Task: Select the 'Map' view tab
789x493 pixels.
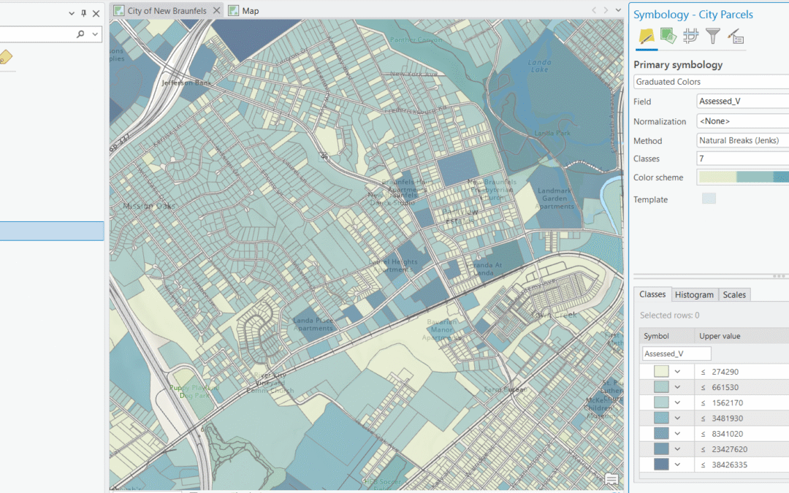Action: click(x=250, y=11)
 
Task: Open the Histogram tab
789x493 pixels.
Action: click(x=693, y=294)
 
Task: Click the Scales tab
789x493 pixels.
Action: click(x=734, y=294)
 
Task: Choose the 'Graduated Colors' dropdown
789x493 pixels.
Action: click(x=709, y=82)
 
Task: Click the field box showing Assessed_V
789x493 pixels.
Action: click(x=738, y=102)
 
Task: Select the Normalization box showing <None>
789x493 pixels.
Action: click(x=738, y=121)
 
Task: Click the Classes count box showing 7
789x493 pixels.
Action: click(x=738, y=158)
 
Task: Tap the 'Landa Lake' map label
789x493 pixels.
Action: click(x=540, y=66)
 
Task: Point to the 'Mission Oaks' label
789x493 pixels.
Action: click(x=149, y=206)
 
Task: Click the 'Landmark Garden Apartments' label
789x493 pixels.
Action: click(x=554, y=199)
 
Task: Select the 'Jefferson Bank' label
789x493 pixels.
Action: click(x=187, y=83)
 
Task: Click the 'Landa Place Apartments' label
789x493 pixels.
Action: click(x=313, y=324)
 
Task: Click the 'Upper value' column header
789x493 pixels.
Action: click(x=720, y=336)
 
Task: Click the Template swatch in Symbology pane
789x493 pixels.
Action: click(x=709, y=199)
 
